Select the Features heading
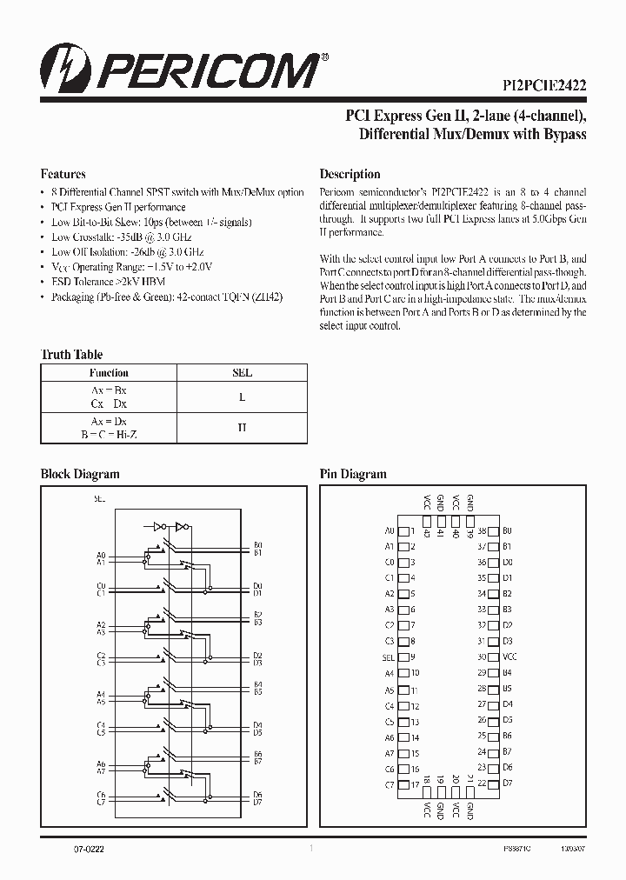tap(63, 173)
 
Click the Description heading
tap(350, 174)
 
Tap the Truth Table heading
tap(71, 354)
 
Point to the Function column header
tap(109, 372)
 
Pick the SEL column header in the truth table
tap(243, 372)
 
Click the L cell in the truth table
tap(243, 397)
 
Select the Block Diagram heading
tap(80, 474)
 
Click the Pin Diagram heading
tap(352, 474)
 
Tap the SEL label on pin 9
tap(388, 657)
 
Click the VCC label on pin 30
tap(509, 657)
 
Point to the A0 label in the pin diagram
tap(389, 530)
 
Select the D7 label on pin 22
tap(508, 783)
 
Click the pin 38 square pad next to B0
tap(493, 530)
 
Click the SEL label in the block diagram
tap(99, 499)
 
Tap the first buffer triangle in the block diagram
tap(158, 527)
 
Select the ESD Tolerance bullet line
tap(109, 282)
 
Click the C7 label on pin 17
tap(389, 784)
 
